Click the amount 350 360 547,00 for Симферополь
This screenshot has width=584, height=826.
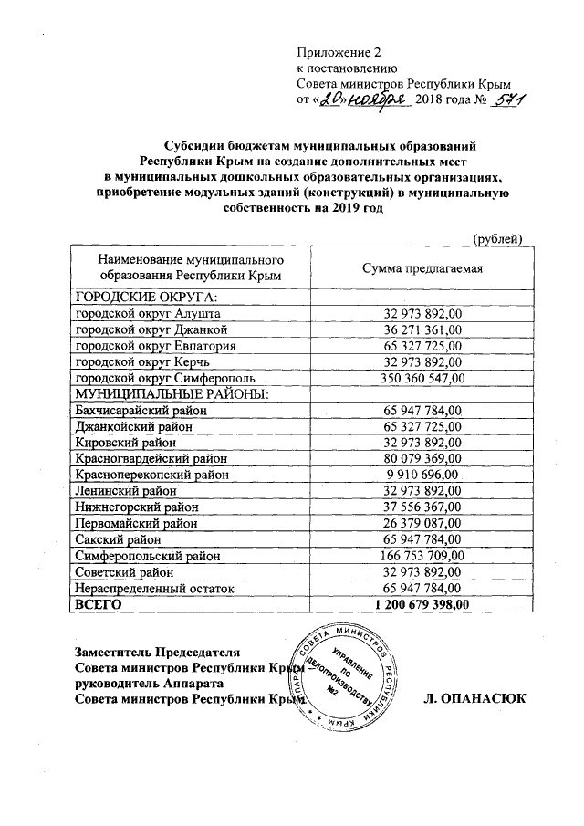click(416, 378)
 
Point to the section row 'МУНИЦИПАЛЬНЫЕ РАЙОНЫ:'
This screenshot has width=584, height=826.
click(172, 394)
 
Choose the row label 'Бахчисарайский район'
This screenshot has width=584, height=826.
click(141, 411)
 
